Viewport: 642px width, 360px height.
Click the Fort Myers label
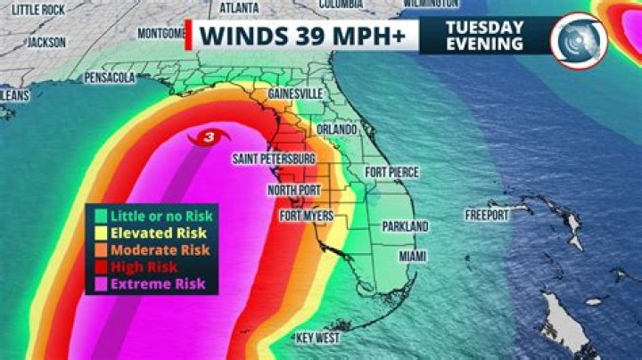(x=307, y=216)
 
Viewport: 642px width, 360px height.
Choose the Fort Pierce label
(x=392, y=171)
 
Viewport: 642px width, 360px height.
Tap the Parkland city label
(x=406, y=226)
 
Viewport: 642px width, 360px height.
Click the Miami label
(x=412, y=256)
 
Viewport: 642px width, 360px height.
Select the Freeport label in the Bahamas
(x=486, y=215)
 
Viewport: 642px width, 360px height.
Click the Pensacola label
(x=109, y=78)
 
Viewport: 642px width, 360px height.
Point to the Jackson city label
(x=46, y=42)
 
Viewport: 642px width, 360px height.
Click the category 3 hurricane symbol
(x=209, y=137)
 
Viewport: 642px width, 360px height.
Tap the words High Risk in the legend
(x=144, y=266)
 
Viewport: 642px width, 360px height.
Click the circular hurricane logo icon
(x=578, y=39)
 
